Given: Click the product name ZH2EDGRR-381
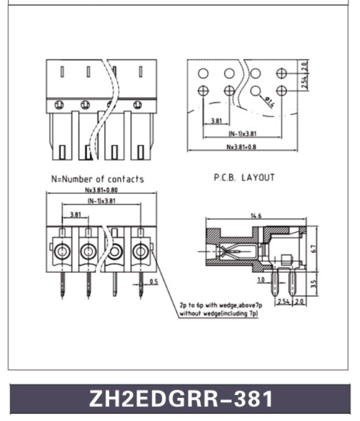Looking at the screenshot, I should click(180, 399).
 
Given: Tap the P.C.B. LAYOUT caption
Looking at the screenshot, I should click(244, 177).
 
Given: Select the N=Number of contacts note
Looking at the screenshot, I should click(97, 179).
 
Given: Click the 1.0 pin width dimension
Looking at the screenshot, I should click(261, 280).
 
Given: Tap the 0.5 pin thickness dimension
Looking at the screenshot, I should click(153, 282).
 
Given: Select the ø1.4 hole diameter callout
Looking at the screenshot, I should click(269, 101).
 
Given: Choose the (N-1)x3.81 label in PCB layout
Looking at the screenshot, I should click(242, 134).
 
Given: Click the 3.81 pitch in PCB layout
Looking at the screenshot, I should click(216, 121).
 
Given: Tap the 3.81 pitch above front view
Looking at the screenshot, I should click(75, 214).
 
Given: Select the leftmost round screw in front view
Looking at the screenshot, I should click(62, 251).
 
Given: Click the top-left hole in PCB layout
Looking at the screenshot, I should click(203, 73).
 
